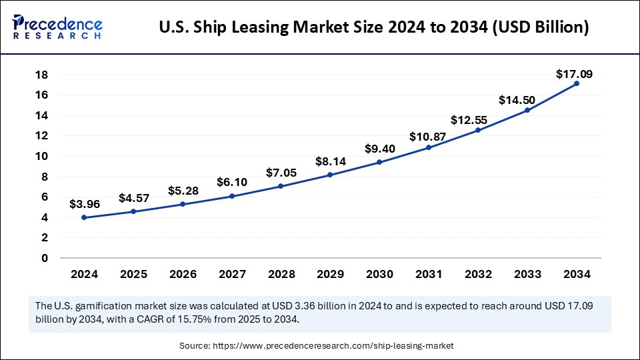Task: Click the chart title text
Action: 373,28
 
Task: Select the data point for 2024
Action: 84,217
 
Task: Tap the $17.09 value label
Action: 575,74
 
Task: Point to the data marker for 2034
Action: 576,83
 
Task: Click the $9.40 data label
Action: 379,149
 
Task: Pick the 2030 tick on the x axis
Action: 379,274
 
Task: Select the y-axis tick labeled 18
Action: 41,75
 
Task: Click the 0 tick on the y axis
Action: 44,258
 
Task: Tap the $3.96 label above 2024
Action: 84,205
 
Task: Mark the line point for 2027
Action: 232,196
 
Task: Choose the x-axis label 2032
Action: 477,274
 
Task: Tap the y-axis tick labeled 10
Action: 41,156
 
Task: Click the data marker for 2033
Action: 527,110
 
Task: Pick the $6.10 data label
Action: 232,182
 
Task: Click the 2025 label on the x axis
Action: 133,274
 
